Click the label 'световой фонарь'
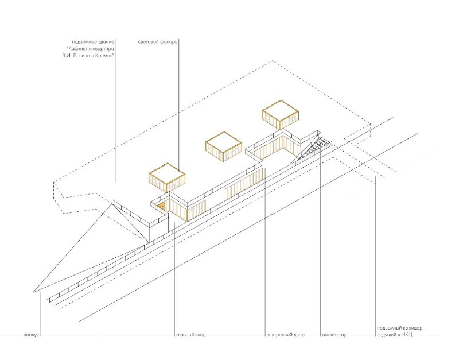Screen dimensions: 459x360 (x=157, y=42)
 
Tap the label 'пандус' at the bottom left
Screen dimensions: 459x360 (x=32, y=335)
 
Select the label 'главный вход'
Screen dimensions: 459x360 (x=191, y=335)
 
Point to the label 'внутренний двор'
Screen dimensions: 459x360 (x=285, y=335)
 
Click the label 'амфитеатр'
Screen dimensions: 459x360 (x=334, y=335)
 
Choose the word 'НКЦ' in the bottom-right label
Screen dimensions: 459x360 (x=407, y=335)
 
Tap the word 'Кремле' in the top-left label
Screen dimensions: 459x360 (x=105, y=56)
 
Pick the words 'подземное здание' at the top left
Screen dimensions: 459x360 (x=93, y=42)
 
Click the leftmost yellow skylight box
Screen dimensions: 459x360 (x=167, y=177)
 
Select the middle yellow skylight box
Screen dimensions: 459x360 (x=224, y=147)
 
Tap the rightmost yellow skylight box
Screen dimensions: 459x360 (x=280, y=114)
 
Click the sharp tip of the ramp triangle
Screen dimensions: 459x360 (x=34, y=292)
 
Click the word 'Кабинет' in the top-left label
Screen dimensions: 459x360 (x=77, y=49)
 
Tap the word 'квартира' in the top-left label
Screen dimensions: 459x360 (x=104, y=49)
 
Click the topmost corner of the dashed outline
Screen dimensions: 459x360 (x=273, y=61)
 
